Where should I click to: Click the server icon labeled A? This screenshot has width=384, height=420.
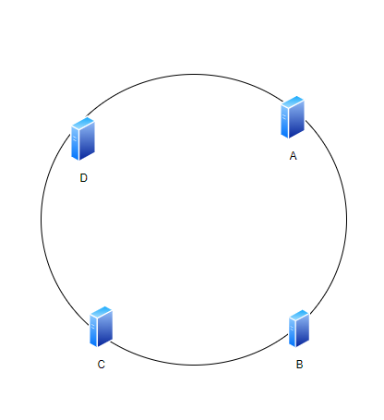(293, 117)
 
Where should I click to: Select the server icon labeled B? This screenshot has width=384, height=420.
(299, 329)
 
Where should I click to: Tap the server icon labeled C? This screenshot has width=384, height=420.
(101, 327)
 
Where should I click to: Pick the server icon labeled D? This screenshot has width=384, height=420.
(83, 138)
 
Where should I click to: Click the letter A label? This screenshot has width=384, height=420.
(293, 156)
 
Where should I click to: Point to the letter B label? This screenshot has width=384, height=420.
(299, 365)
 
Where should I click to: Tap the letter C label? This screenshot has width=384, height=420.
(102, 365)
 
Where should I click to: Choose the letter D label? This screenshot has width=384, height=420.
(84, 178)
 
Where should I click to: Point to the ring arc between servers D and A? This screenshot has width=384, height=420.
(185, 74)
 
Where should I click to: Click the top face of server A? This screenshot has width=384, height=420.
(293, 102)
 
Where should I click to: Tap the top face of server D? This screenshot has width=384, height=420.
(83, 123)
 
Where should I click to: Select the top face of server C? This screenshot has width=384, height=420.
(102, 311)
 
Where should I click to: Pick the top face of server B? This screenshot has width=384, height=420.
(299, 315)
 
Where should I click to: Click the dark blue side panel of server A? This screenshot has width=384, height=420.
(297, 120)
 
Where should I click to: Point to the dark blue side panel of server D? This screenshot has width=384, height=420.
(87, 142)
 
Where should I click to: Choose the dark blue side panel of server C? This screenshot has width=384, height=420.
(105, 330)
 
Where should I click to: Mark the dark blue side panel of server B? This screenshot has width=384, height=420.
(303, 331)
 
